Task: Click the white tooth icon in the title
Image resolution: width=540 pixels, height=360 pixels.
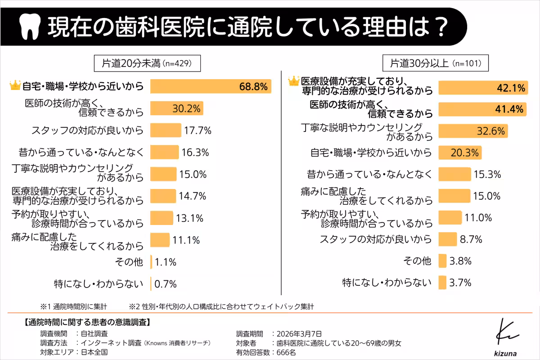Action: (31, 27)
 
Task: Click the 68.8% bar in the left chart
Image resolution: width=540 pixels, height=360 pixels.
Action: (210, 86)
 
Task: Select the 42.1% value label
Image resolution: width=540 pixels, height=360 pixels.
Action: (511, 88)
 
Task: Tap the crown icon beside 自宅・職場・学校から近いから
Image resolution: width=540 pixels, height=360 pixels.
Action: (15, 85)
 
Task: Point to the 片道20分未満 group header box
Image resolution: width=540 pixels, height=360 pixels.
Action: (147, 63)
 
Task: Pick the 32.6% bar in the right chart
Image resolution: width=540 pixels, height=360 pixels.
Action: (472, 131)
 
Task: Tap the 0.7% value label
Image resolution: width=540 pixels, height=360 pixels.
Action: (165, 284)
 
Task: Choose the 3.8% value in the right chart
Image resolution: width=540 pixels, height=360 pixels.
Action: (460, 261)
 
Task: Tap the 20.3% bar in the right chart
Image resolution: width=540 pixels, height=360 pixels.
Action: (459, 153)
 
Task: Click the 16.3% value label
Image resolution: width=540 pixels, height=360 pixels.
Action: (195, 152)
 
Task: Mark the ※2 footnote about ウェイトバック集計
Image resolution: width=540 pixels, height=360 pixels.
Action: (221, 306)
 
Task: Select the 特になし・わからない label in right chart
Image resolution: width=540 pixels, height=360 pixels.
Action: (387, 283)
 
